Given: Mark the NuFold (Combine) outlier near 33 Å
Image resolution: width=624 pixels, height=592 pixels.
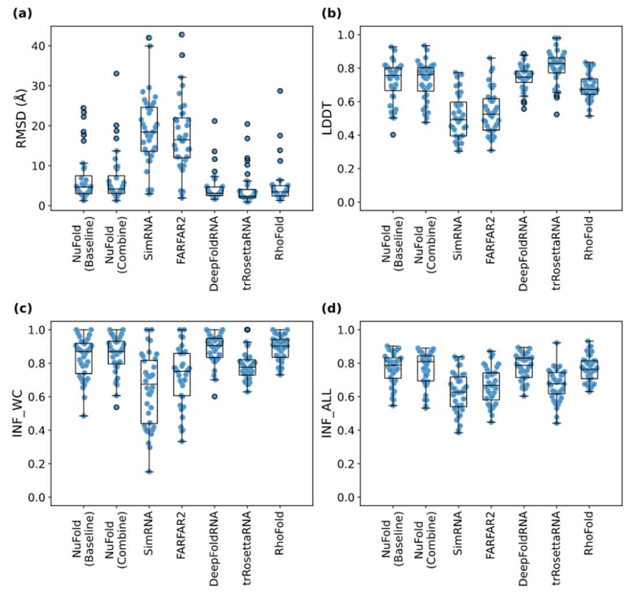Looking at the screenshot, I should point(116,73).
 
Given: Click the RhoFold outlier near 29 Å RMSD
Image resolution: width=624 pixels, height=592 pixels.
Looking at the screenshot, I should point(279,91).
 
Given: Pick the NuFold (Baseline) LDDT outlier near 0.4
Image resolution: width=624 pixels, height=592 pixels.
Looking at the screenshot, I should point(393,135).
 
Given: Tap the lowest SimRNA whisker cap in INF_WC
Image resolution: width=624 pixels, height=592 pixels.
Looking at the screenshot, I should point(149,472).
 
